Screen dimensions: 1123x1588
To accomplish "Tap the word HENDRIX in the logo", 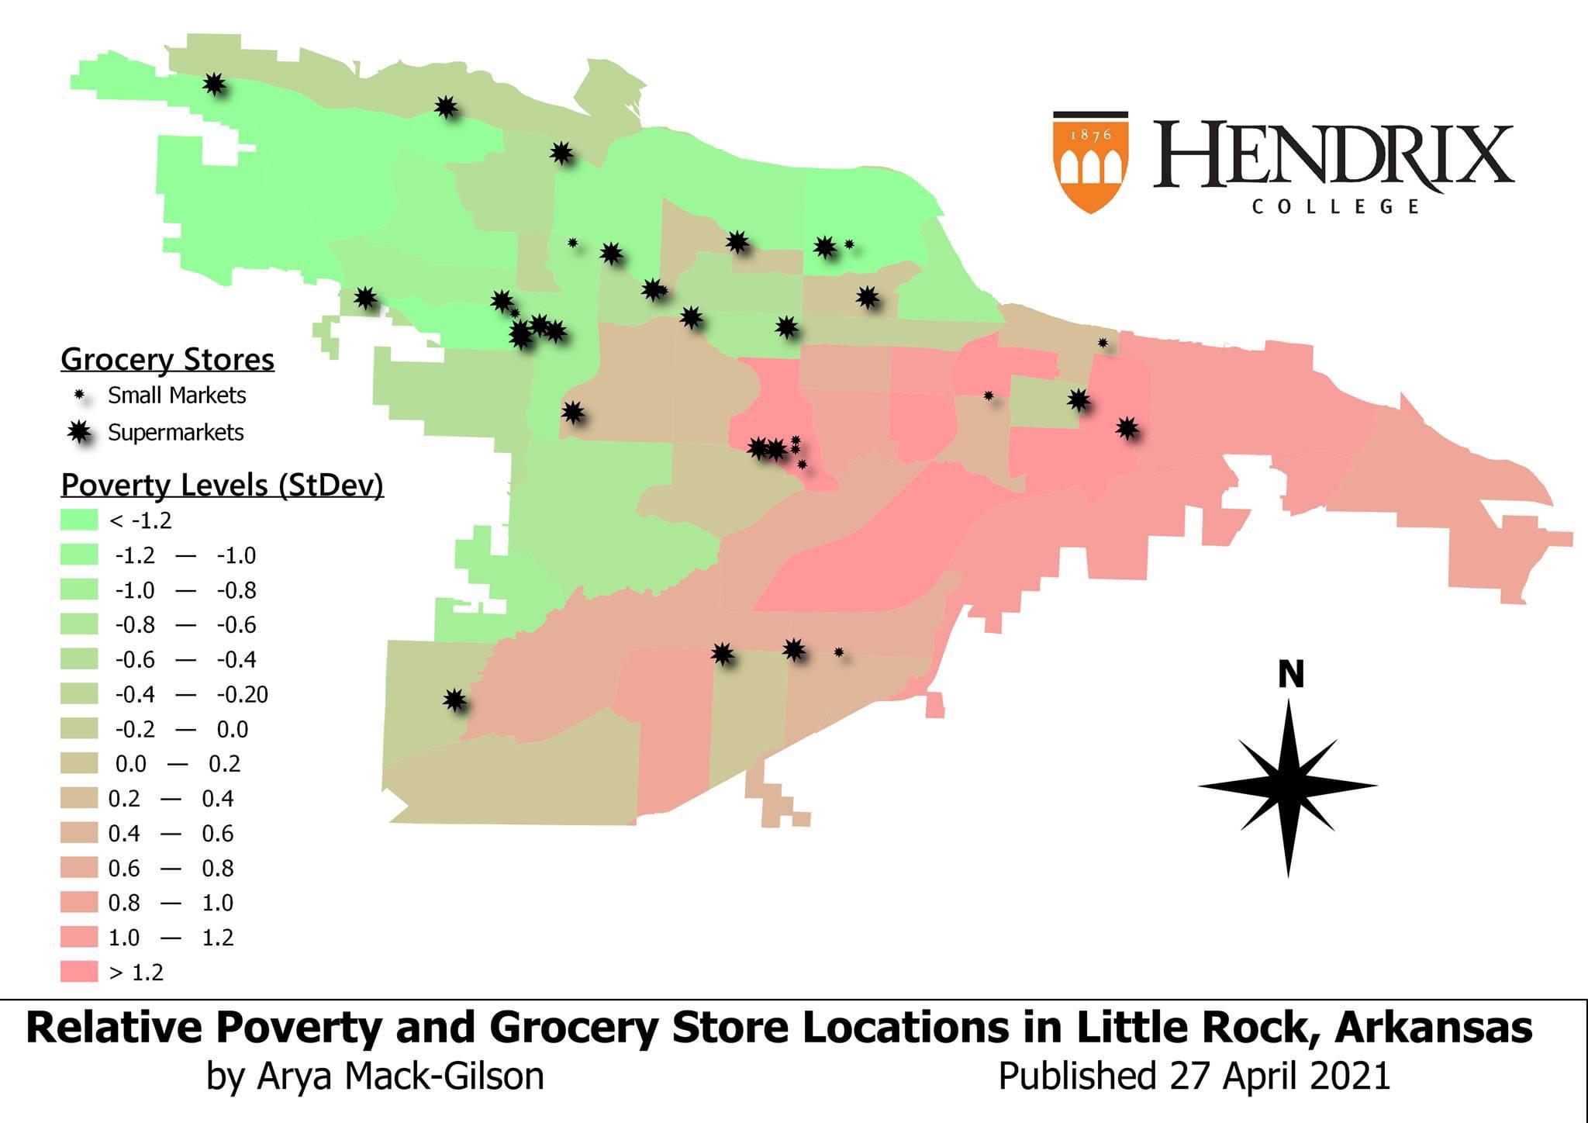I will tap(1332, 157).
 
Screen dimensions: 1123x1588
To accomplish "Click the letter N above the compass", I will tap(1290, 675).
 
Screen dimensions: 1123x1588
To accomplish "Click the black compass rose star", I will tap(1288, 786).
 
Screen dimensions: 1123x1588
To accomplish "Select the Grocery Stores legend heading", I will tap(167, 360).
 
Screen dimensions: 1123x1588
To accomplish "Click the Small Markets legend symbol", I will tap(78, 396).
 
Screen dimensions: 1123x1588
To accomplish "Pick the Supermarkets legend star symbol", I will tap(79, 432).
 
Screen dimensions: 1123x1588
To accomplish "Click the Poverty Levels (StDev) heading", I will tap(222, 485).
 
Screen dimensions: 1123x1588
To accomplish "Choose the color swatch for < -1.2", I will tap(79, 520).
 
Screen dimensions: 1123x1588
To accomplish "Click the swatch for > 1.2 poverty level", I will tap(79, 972).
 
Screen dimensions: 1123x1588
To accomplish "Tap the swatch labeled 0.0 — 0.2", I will tap(79, 763).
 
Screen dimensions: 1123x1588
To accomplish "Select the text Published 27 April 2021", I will tap(1193, 1076).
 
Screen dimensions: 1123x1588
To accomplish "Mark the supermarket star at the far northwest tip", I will tap(214, 83).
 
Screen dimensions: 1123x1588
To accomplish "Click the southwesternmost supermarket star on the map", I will tap(455, 700).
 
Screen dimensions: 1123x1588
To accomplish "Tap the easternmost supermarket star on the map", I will tap(1127, 427).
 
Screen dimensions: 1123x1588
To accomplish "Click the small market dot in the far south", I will tap(839, 652).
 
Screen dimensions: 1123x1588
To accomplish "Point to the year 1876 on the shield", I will tap(1091, 134).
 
